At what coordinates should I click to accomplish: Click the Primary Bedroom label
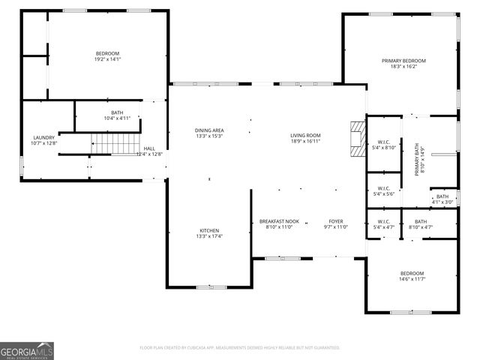(x=403, y=61)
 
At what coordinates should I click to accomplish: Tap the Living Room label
(x=305, y=135)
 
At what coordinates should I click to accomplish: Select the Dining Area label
(x=209, y=130)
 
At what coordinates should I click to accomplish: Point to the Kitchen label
(x=209, y=230)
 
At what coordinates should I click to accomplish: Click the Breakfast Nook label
(x=279, y=221)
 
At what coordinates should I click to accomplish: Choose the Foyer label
(x=335, y=221)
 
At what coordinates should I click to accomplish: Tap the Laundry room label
(x=43, y=138)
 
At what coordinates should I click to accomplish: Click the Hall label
(x=150, y=148)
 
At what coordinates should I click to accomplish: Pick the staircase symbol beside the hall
(x=105, y=142)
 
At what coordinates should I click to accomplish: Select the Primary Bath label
(x=418, y=160)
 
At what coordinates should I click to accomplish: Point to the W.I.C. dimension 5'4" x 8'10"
(x=383, y=148)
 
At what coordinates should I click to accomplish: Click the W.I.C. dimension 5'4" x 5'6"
(x=383, y=194)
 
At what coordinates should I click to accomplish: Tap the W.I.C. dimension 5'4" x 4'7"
(x=383, y=227)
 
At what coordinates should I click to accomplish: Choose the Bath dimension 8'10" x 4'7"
(x=420, y=227)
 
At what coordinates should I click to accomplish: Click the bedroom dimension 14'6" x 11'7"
(x=412, y=279)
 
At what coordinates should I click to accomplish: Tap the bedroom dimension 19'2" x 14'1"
(x=107, y=59)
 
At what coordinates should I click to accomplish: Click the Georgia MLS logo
(x=27, y=350)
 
